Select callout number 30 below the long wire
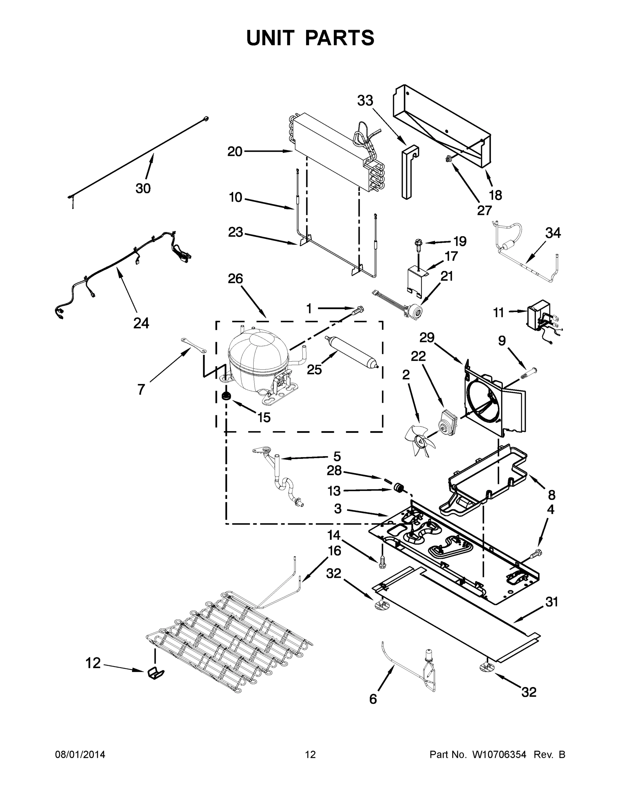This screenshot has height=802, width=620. tap(143, 188)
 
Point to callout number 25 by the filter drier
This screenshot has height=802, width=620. tap(315, 369)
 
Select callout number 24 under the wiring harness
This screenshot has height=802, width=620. tap(141, 323)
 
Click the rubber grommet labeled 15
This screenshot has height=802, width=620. tap(226, 396)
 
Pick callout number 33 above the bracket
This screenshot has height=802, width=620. tap(365, 101)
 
